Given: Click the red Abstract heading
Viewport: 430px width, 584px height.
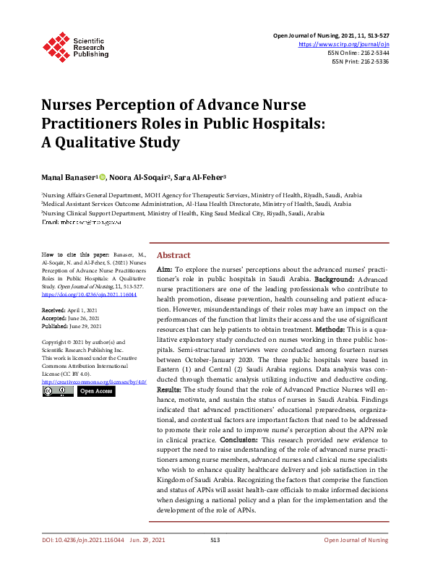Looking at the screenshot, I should coord(173,255).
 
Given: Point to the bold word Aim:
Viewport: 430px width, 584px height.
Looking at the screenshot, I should coord(165,268).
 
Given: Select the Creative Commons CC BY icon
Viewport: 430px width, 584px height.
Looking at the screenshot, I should coord(57,391).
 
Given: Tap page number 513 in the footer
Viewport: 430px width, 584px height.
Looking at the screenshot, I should coord(215,540).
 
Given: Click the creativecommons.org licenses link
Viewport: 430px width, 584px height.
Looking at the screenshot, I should coord(94,381).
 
